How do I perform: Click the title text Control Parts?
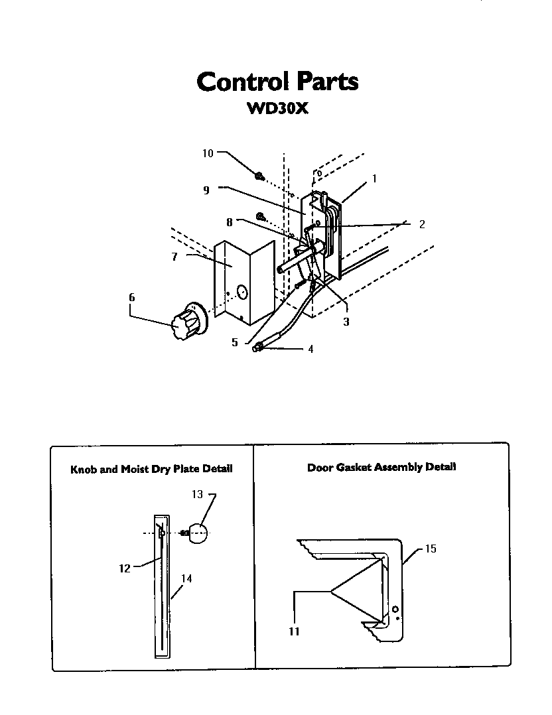click(277, 82)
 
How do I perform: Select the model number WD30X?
click(277, 108)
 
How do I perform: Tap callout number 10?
click(208, 153)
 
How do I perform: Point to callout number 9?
click(206, 190)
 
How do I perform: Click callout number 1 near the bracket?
click(374, 178)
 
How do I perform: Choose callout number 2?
click(421, 224)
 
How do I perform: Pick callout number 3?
click(346, 322)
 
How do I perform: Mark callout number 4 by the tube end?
click(310, 349)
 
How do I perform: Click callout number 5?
click(234, 343)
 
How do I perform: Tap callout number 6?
click(131, 298)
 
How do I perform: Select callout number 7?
click(174, 257)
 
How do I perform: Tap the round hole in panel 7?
click(241, 291)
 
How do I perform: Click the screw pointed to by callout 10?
click(260, 176)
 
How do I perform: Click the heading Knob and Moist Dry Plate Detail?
click(151, 469)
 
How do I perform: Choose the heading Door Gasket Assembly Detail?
click(381, 467)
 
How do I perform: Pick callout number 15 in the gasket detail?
click(430, 549)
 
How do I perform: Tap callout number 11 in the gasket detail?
click(294, 631)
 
